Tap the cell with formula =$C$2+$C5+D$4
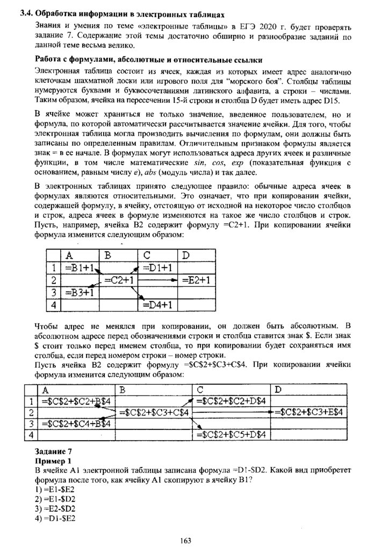233,434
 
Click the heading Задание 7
52,451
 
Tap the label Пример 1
52,461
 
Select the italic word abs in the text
146,173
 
